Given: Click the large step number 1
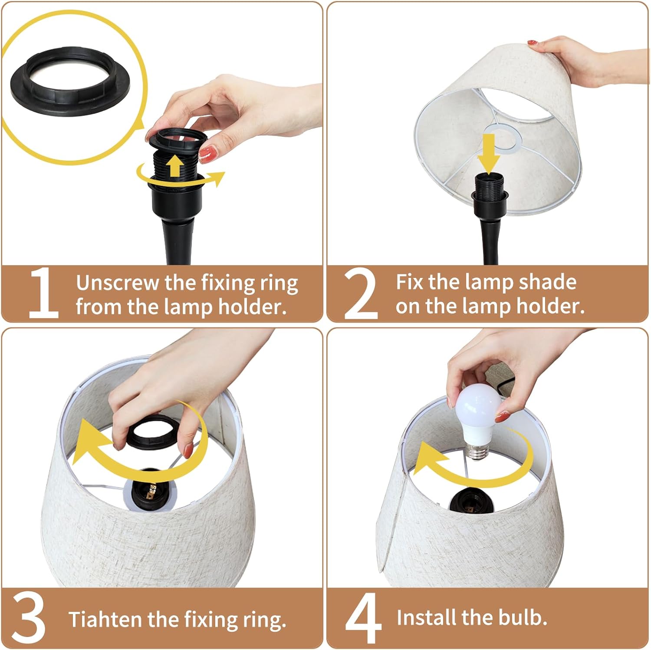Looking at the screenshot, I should [43, 294].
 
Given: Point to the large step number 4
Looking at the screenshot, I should [363, 618].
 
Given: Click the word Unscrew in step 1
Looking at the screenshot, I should [118, 283].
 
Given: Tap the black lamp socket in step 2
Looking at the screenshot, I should [489, 193].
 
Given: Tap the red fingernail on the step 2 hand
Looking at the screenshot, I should [533, 43].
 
